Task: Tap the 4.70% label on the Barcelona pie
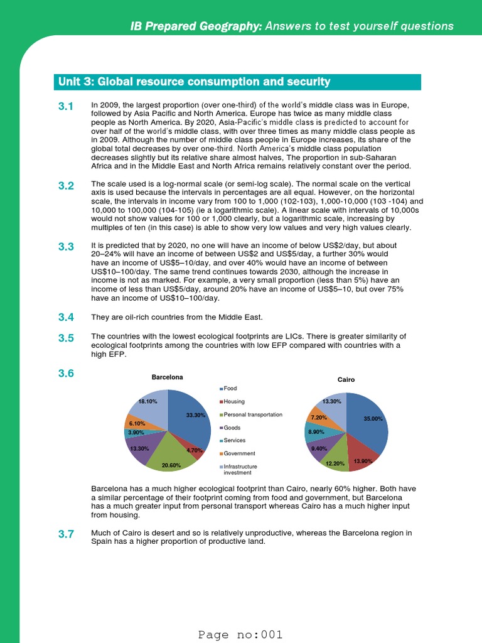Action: (x=194, y=450)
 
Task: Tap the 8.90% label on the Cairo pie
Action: (x=317, y=432)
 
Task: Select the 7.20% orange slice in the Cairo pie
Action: (x=319, y=417)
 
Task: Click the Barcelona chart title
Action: (x=168, y=377)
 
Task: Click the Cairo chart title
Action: (x=346, y=379)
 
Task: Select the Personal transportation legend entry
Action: (x=250, y=414)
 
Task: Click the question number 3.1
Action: (x=67, y=107)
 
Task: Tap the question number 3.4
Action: (x=67, y=317)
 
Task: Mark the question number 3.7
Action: (x=67, y=534)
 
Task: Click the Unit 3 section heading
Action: (x=194, y=82)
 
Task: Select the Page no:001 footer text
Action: (x=241, y=634)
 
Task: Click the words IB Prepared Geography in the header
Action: (x=196, y=26)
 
